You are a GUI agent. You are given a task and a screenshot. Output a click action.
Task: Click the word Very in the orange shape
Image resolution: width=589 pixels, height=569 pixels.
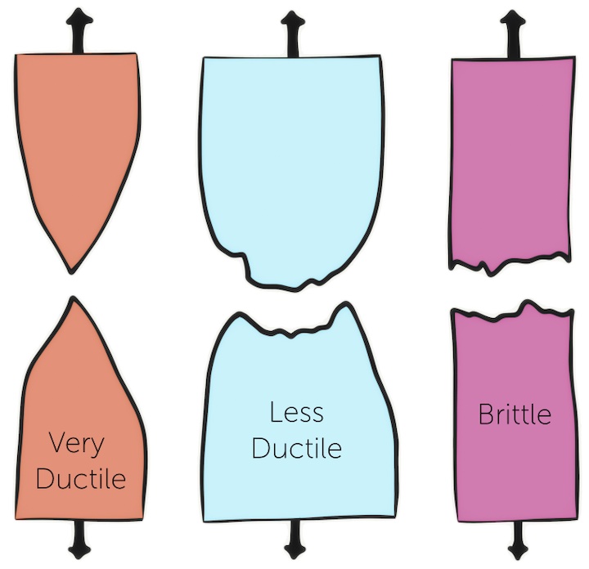[x=78, y=444]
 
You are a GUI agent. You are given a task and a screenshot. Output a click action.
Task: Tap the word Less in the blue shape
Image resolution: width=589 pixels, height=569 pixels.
[x=295, y=412]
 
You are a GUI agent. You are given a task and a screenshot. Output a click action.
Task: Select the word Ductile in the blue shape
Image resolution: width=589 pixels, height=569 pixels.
[x=296, y=447]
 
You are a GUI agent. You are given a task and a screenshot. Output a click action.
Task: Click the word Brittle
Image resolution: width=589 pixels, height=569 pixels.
[x=514, y=414]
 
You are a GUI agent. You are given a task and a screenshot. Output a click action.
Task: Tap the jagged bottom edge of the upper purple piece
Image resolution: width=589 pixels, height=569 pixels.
[x=510, y=266]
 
